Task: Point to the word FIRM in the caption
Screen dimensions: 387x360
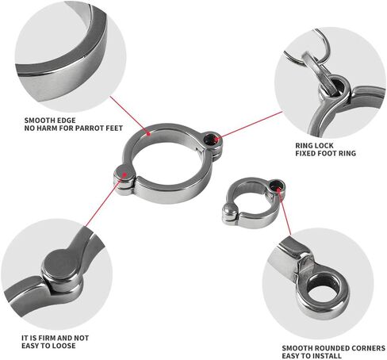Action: pyautogui.click(x=47, y=338)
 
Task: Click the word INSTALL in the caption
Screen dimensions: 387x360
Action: pyautogui.click(x=328, y=356)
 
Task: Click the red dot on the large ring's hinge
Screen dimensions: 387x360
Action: pyautogui.click(x=125, y=174)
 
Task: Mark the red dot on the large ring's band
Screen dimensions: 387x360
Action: pyautogui.click(x=149, y=134)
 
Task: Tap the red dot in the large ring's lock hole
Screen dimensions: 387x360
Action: pyautogui.click(x=216, y=138)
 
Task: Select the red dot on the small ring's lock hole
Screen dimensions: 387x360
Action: pyautogui.click(x=279, y=189)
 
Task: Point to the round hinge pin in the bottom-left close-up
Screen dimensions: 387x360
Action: pyautogui.click(x=61, y=264)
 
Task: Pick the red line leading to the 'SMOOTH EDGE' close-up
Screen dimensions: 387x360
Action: pyautogui.click(x=129, y=115)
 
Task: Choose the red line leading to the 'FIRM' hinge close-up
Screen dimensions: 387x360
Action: pyautogui.click(x=105, y=201)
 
